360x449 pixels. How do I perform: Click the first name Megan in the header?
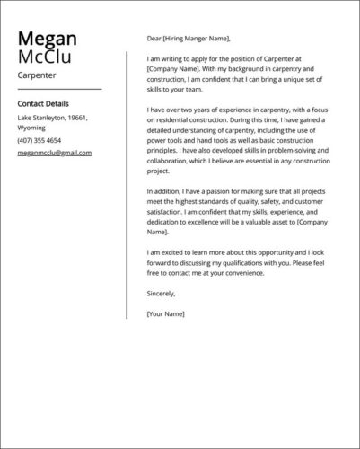47,39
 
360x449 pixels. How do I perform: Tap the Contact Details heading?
43,104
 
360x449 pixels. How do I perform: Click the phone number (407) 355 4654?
40,140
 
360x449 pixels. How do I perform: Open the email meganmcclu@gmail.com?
55,153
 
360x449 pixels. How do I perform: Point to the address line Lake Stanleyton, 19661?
53,118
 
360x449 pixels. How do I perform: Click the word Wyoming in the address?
31,128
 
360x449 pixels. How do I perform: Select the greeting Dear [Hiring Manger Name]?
189,39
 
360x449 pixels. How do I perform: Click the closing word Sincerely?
162,293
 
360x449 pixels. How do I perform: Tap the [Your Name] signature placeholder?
165,313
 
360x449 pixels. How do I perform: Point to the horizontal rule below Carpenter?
59,89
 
